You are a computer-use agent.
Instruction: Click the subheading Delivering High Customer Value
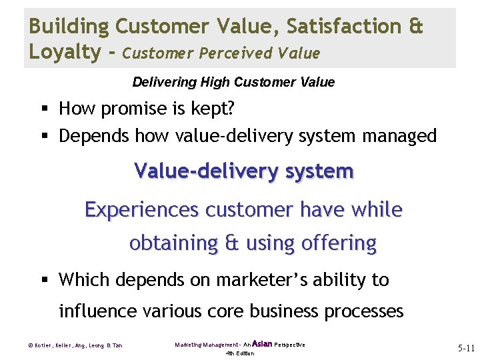tap(233, 83)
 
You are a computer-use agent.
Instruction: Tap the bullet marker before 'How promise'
tap(44, 109)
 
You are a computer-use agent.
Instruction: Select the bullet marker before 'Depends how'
tap(44, 137)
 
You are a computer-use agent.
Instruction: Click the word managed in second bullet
tap(399, 137)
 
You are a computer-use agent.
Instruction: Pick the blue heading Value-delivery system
tap(244, 171)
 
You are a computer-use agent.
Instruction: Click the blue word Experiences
tap(142, 210)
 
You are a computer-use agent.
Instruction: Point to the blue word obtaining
tap(173, 243)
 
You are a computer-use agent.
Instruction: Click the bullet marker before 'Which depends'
tap(44, 280)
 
